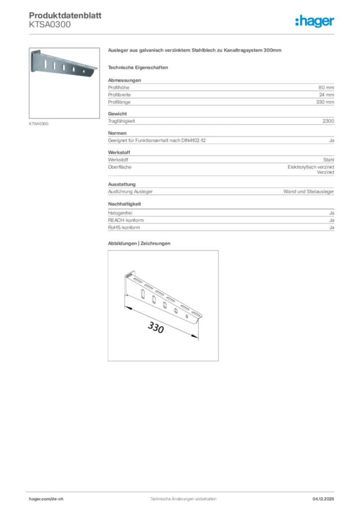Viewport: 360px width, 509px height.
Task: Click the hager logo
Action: (x=315, y=21)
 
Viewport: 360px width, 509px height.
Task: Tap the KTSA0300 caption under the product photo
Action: (x=39, y=124)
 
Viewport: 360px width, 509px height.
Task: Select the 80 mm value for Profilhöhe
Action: (x=326, y=87)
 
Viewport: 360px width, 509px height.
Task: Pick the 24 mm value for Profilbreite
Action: (x=326, y=94)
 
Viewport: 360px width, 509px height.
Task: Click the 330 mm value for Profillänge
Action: (x=325, y=102)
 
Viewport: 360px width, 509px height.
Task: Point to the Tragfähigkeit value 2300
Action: (x=328, y=121)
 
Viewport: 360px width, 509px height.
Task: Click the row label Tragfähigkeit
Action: (x=121, y=121)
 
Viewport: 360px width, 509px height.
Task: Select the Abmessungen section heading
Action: (x=124, y=80)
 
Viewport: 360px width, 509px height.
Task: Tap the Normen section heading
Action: (x=117, y=133)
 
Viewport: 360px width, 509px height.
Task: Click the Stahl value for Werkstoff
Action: (x=328, y=160)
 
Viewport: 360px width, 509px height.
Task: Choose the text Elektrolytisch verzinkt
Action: (x=311, y=167)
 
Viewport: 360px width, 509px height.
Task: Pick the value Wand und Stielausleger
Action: (x=308, y=191)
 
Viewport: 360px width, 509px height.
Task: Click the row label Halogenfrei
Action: (x=119, y=213)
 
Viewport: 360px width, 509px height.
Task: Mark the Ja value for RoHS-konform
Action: (x=331, y=227)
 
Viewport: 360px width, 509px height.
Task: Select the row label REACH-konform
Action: (x=123, y=220)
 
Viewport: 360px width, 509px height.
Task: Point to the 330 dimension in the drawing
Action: (x=155, y=328)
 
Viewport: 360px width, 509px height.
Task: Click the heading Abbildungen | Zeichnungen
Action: (x=139, y=244)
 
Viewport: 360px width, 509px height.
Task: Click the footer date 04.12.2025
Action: (x=323, y=499)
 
